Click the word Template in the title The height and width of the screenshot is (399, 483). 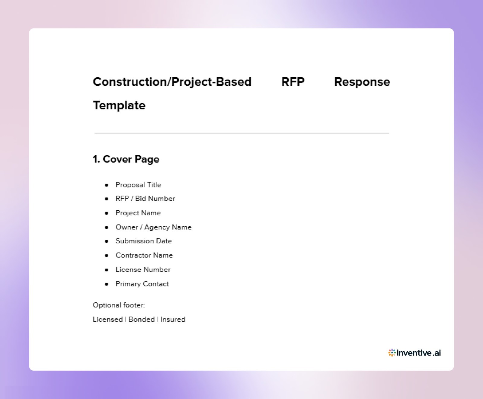(119, 105)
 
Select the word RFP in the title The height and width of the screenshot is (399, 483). (293, 82)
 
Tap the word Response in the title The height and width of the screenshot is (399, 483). (362, 82)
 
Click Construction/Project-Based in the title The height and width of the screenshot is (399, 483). (172, 82)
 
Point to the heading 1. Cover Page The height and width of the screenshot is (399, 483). (126, 159)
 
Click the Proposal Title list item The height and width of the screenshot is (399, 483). (138, 185)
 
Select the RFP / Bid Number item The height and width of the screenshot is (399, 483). (145, 199)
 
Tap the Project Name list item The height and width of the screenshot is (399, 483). (138, 213)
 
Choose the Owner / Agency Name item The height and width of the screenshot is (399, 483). (153, 227)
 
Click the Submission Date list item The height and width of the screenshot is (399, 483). (143, 241)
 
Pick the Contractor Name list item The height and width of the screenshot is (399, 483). (144, 255)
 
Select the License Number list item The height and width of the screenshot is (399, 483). (143, 270)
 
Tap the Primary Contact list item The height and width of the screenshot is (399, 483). (142, 284)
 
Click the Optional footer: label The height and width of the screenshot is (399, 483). (119, 305)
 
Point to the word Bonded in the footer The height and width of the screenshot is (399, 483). (141, 319)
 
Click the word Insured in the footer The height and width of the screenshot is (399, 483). (173, 319)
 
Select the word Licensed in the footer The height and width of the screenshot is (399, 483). (107, 319)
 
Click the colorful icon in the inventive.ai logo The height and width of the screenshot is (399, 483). (392, 353)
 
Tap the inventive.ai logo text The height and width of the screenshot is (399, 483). (419, 353)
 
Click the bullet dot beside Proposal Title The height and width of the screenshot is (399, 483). (107, 185)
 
